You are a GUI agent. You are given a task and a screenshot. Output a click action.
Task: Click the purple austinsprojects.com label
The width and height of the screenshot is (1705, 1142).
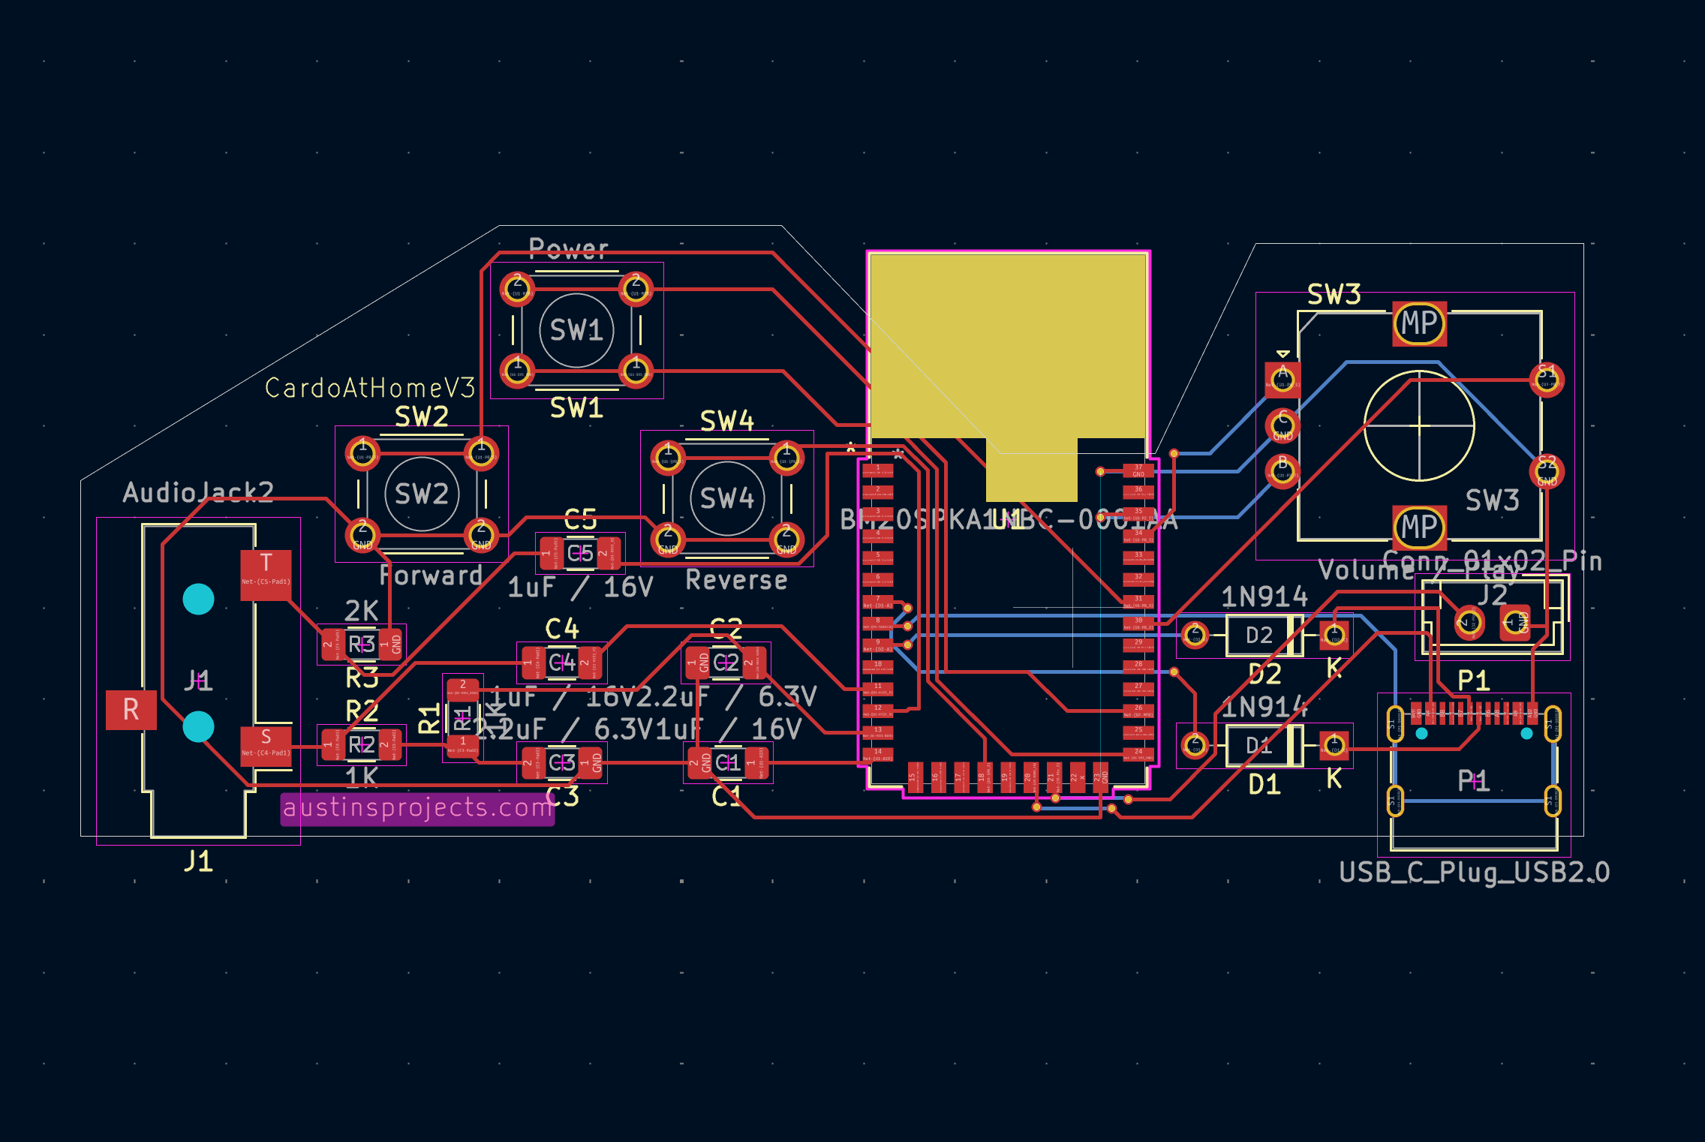(x=417, y=808)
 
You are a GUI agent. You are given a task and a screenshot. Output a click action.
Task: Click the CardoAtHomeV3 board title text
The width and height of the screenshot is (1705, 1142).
(x=370, y=388)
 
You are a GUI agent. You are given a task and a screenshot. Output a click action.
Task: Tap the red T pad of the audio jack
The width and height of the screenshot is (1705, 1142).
(x=266, y=575)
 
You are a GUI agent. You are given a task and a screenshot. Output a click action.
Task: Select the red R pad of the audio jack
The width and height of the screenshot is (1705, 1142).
(x=131, y=710)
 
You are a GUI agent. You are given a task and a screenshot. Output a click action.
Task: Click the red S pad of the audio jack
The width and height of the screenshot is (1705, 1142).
(x=266, y=745)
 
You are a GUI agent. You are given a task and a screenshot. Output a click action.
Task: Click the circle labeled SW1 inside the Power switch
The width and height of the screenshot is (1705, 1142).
(x=576, y=330)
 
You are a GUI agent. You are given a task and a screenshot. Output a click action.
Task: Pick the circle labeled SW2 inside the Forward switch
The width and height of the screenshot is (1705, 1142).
(x=422, y=494)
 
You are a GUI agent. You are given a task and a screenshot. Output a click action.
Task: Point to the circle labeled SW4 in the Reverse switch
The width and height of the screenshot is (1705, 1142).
(x=726, y=498)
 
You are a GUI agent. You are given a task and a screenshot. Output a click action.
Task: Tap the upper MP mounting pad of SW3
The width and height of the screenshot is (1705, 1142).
(x=1419, y=323)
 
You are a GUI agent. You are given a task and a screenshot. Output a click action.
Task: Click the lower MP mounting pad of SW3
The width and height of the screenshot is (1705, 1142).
(x=1419, y=527)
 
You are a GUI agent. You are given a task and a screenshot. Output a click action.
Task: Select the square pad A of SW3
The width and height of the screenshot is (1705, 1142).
(x=1283, y=379)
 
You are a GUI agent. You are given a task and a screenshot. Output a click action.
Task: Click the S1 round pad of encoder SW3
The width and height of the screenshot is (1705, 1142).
(x=1547, y=379)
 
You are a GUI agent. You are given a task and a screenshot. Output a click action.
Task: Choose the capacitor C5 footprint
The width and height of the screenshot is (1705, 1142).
(x=580, y=554)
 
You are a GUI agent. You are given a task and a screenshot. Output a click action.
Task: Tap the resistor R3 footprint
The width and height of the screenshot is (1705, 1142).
(x=362, y=644)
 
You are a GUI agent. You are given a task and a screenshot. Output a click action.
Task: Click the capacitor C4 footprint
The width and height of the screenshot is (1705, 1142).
(x=561, y=663)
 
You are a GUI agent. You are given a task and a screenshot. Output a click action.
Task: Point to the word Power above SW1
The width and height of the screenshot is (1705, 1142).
(x=568, y=248)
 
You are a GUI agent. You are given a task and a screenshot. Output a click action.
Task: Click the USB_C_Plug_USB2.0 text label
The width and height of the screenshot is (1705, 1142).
(x=1474, y=872)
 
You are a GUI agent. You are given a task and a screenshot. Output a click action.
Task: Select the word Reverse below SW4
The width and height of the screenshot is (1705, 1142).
(x=736, y=580)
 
